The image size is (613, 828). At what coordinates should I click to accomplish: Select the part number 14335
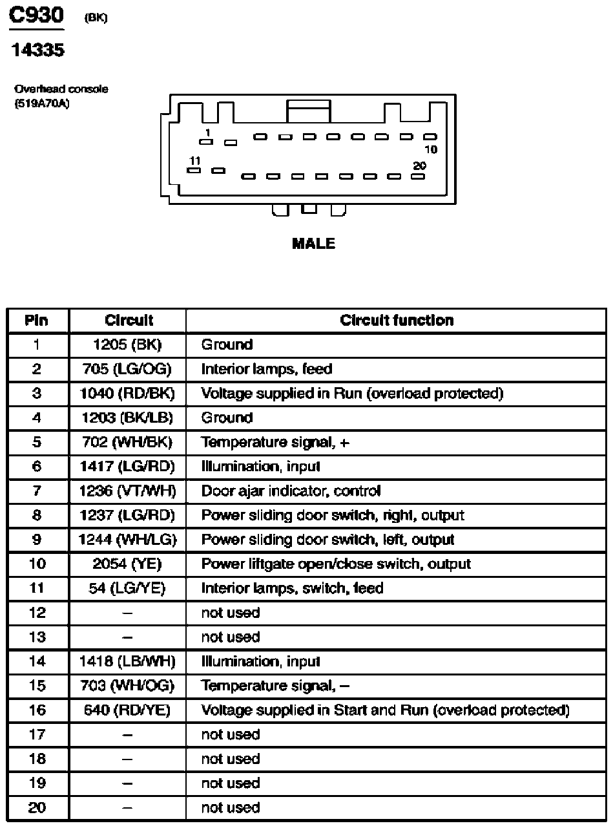coord(38,50)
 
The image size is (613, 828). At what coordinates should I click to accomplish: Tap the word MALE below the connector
coord(313,244)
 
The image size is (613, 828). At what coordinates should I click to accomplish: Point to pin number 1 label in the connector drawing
coord(207,133)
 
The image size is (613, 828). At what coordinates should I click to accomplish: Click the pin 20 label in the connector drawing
coord(419,166)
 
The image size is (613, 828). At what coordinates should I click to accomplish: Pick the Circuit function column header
coord(397,321)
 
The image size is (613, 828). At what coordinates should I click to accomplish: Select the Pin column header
coord(37,321)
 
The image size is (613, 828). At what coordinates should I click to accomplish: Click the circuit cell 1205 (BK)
coord(127,345)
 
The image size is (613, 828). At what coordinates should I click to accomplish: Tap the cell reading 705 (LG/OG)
coord(127,369)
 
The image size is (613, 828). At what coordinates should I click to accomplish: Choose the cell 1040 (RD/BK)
coord(127,394)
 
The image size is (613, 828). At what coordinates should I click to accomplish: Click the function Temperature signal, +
coord(276,443)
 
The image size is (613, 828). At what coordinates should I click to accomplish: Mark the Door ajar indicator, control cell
coord(291,491)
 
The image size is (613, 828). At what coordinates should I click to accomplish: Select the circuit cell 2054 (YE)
coord(127,564)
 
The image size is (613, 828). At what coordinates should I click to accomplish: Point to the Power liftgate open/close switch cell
coord(336,564)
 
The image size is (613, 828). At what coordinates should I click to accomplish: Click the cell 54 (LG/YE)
coord(127,588)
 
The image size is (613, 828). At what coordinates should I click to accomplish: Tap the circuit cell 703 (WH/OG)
coord(127,686)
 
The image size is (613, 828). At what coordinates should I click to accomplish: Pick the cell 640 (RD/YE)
coord(127,710)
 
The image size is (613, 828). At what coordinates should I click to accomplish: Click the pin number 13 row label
coord(37,637)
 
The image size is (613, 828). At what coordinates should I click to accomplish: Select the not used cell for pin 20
coord(231,807)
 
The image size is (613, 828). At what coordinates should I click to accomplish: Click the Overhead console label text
coord(61,89)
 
